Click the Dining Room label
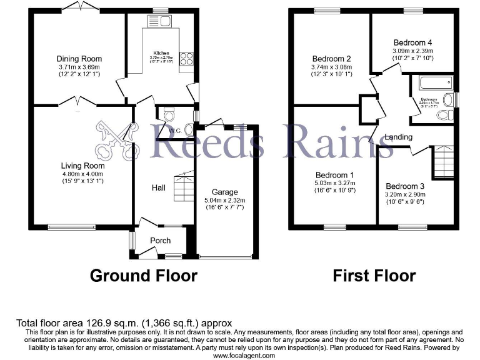79,59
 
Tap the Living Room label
82,166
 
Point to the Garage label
225,192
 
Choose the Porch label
159,241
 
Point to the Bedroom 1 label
335,175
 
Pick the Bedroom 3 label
404,186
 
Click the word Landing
398,137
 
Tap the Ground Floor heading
144,276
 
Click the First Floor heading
374,276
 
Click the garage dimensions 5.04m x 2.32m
225,201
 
